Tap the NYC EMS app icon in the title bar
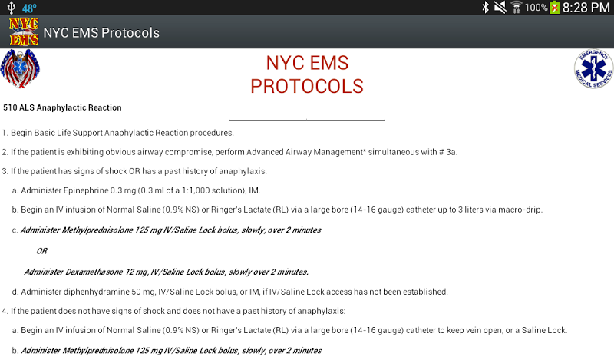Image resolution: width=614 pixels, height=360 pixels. [24, 31]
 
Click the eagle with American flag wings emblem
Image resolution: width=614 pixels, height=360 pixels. [20, 69]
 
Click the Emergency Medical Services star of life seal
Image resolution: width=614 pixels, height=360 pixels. [593, 68]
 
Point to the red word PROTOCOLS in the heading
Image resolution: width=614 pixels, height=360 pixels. [307, 86]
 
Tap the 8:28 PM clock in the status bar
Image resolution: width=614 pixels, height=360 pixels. [586, 8]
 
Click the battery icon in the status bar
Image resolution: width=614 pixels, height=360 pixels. [554, 8]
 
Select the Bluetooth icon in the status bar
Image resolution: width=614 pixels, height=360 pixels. [486, 7]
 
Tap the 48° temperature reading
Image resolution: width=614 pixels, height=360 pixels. [29, 8]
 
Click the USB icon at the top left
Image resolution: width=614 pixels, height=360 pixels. [11, 8]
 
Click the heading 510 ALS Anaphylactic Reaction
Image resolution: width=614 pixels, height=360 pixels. [62, 107]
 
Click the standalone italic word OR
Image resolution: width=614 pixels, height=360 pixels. [42, 251]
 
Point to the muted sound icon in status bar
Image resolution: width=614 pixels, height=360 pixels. [500, 7]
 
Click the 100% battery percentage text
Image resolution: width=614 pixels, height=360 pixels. [536, 8]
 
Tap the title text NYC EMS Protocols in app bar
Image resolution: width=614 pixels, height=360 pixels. [101, 32]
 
